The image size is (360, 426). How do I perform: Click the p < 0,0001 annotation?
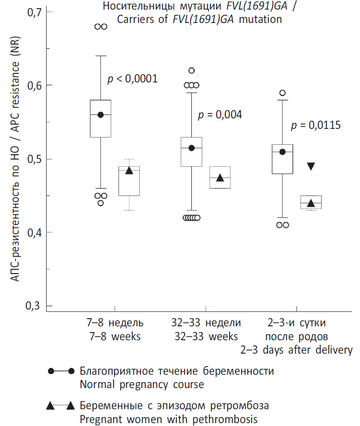tap(132, 79)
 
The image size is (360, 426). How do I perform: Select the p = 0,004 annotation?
tap(220, 115)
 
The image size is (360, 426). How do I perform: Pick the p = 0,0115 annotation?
tap(316, 126)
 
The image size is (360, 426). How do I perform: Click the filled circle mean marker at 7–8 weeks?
tap(101, 115)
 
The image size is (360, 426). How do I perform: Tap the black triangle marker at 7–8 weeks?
tap(129, 170)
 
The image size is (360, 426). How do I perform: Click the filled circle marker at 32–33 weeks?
tap(192, 148)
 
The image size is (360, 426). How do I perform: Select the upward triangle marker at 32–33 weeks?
tap(220, 178)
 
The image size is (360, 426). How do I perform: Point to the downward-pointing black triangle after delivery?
tap(311, 166)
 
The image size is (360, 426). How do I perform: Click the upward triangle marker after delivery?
tap(311, 203)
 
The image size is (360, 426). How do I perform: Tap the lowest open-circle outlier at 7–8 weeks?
tap(101, 203)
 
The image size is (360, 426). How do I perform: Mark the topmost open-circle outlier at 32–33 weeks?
tap(192, 70)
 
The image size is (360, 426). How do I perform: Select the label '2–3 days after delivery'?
tap(296, 350)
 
